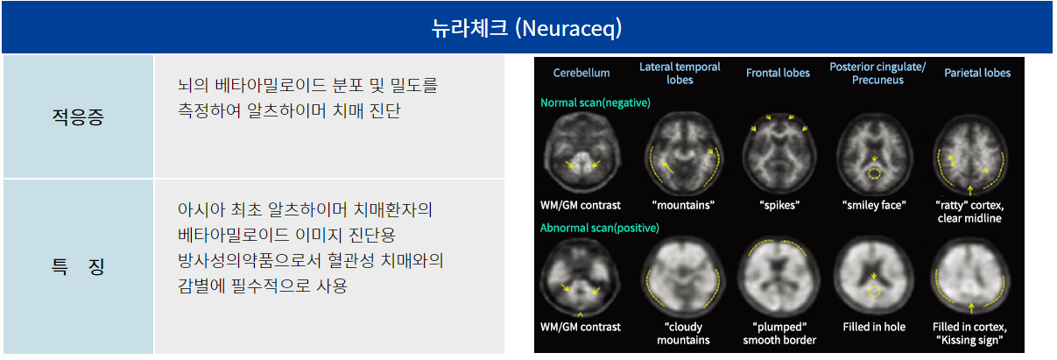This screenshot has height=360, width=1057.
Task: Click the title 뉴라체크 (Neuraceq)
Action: point(526,28)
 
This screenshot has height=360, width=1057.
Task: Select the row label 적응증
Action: point(78,116)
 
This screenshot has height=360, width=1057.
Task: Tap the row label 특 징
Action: point(78,266)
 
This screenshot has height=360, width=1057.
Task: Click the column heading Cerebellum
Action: point(581,73)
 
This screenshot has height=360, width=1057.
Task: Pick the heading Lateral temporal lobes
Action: point(680,73)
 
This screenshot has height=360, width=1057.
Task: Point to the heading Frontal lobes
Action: point(778,73)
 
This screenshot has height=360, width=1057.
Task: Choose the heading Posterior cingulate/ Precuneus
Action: point(877,73)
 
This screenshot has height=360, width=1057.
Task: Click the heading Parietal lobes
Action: point(977,73)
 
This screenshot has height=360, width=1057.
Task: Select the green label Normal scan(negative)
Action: point(595,102)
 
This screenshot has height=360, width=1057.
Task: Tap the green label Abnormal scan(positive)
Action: point(599,228)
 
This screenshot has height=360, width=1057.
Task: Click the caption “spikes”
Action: point(779,205)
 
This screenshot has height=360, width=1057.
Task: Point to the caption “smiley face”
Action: point(874,205)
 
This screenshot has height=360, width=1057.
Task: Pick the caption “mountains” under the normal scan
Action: point(683,205)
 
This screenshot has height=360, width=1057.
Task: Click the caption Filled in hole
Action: point(874,327)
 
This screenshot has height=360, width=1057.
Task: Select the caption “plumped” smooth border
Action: point(779,333)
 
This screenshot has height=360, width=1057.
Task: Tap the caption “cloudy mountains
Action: point(683,333)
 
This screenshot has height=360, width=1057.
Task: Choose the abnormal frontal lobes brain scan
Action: point(779,278)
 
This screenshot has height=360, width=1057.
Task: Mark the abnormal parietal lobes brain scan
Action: point(970,277)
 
